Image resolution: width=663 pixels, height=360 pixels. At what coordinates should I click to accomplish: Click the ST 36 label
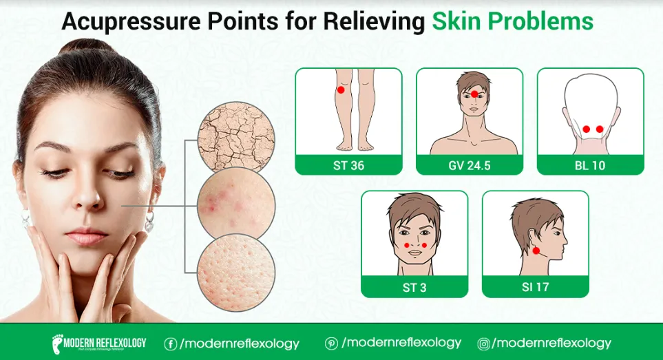tap(348, 165)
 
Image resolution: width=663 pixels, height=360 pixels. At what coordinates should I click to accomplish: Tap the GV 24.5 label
tap(469, 165)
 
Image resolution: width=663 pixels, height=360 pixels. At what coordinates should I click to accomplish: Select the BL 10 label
tap(590, 165)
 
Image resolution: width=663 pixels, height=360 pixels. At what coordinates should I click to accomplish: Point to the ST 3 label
tap(414, 287)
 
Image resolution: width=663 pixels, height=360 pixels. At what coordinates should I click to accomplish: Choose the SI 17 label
tap(535, 287)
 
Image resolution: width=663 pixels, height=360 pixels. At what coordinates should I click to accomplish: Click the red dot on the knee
tap(341, 90)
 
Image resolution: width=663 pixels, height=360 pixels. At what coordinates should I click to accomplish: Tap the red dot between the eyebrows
tap(474, 94)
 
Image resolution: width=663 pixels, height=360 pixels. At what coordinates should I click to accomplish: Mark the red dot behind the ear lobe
tap(536, 251)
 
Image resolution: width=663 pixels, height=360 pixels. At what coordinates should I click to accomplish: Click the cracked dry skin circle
tap(235, 136)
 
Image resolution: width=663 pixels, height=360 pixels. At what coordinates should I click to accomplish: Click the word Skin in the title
tap(455, 21)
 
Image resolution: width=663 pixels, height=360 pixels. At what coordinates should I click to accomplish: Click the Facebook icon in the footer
tap(170, 343)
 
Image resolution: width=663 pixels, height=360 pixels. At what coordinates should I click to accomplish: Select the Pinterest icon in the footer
tap(331, 343)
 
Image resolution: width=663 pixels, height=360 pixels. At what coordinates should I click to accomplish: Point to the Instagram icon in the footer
tap(484, 343)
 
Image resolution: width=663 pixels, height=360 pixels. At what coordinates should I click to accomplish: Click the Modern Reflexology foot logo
tap(59, 343)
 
